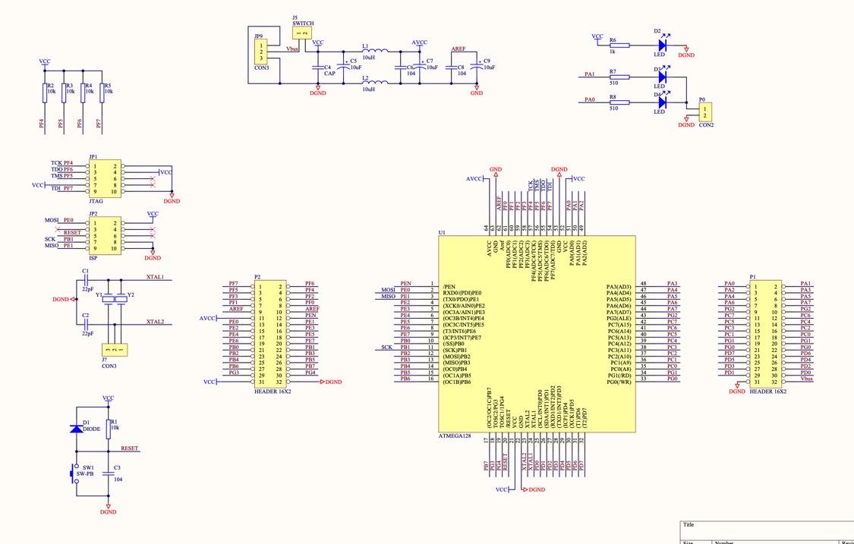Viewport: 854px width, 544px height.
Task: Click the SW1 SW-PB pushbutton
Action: tap(75, 472)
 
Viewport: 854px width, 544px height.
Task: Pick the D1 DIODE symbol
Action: tap(75, 429)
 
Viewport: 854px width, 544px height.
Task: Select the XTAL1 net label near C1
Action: tap(155, 278)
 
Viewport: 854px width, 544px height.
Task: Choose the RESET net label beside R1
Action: tap(130, 448)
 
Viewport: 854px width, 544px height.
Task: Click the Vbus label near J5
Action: tap(293, 49)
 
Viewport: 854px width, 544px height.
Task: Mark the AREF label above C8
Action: tap(459, 49)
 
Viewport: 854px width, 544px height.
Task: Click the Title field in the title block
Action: tap(689, 524)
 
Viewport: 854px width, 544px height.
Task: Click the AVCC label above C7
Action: tap(419, 42)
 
